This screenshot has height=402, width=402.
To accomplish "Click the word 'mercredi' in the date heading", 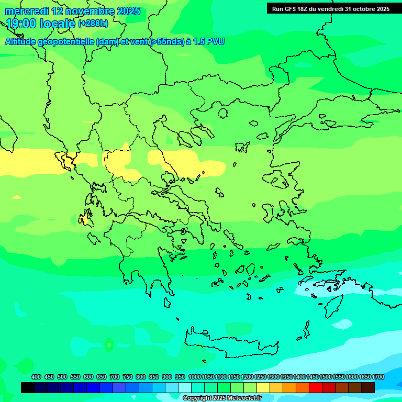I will (x=27, y=11).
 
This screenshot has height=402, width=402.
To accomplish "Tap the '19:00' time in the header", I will (x=20, y=24).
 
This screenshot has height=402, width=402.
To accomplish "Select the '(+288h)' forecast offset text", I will (x=93, y=24).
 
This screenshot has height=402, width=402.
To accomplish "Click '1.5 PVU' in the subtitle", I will (x=209, y=41).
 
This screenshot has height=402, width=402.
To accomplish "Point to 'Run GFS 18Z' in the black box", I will (x=291, y=9).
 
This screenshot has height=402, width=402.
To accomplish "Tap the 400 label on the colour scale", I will (x=36, y=377).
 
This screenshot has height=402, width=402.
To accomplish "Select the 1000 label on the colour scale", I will (x=194, y=377).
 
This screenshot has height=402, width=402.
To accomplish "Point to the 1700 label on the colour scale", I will (x=378, y=377).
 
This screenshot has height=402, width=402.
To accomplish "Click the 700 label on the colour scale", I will (x=115, y=377).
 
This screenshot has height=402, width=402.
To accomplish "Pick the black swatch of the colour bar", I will (x=28, y=387).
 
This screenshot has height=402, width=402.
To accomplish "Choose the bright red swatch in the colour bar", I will (x=316, y=387).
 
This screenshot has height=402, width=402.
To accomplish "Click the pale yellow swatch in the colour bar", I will (x=263, y=387).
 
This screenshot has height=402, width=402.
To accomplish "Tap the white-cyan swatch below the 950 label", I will (x=185, y=387).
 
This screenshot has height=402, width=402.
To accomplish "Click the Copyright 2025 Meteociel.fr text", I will (x=221, y=398).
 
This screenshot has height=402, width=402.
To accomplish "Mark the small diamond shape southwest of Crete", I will (x=109, y=344).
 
